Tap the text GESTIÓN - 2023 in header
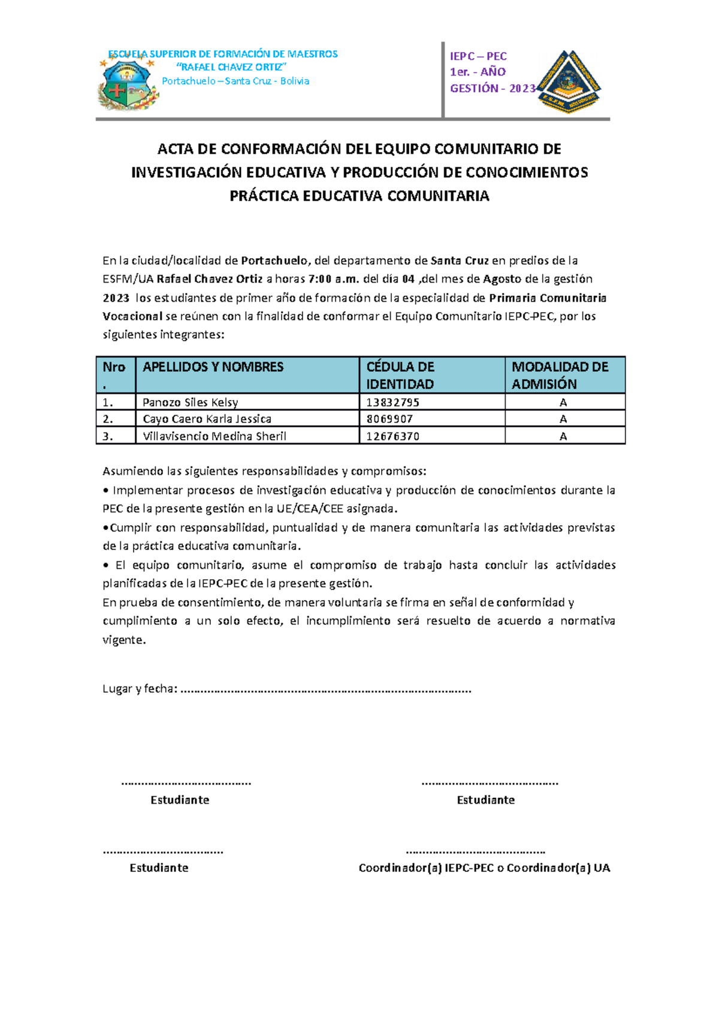[492, 89]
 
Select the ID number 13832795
[392, 402]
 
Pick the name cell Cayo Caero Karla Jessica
[207, 419]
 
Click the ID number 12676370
[392, 436]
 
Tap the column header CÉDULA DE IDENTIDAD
[400, 375]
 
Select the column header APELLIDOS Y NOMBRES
[213, 367]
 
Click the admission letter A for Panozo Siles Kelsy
[563, 402]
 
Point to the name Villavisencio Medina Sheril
[214, 436]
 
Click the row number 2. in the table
[108, 419]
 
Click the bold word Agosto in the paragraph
[502, 279]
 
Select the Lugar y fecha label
[140, 689]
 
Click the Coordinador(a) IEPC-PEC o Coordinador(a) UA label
[484, 868]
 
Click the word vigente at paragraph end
[123, 640]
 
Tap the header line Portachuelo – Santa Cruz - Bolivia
[235, 81]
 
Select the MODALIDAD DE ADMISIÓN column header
[560, 375]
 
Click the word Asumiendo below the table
[133, 471]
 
